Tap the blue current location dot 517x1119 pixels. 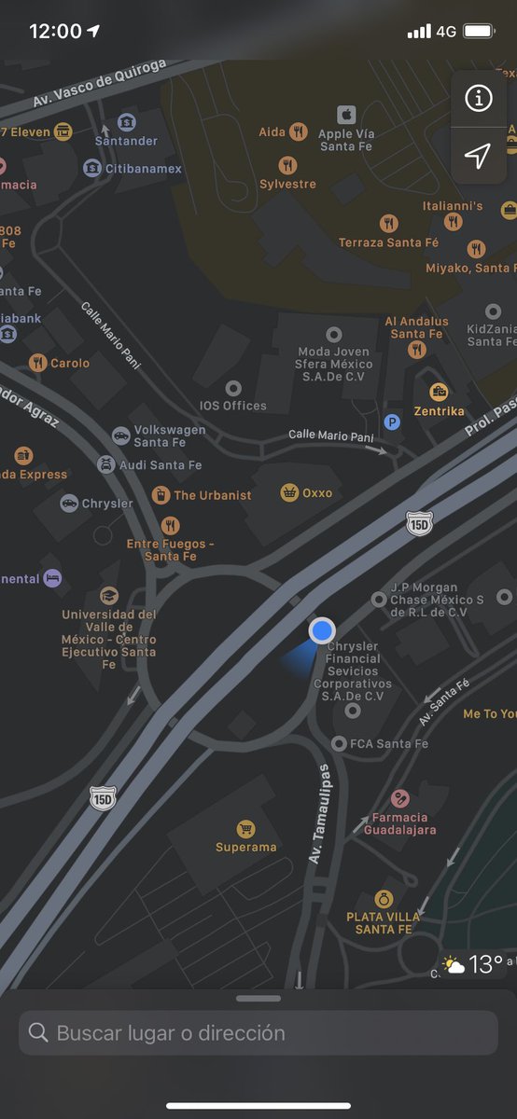[322, 630]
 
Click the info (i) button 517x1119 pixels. [479, 97]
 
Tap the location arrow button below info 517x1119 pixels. [478, 156]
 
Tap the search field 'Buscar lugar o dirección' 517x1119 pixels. [258, 1032]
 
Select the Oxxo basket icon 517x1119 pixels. [290, 492]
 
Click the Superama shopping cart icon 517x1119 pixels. [245, 828]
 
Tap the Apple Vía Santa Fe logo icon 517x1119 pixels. [347, 115]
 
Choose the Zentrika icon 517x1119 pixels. [438, 392]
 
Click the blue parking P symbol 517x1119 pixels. [393, 421]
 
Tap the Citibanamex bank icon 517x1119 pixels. [92, 168]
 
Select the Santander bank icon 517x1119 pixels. [126, 122]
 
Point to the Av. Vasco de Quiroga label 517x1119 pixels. [100, 83]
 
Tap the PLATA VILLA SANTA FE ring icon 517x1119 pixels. [383, 898]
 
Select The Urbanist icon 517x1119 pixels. [161, 494]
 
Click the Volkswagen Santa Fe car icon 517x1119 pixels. [120, 435]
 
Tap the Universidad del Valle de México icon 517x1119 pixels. [109, 595]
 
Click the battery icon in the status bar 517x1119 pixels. [479, 31]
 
